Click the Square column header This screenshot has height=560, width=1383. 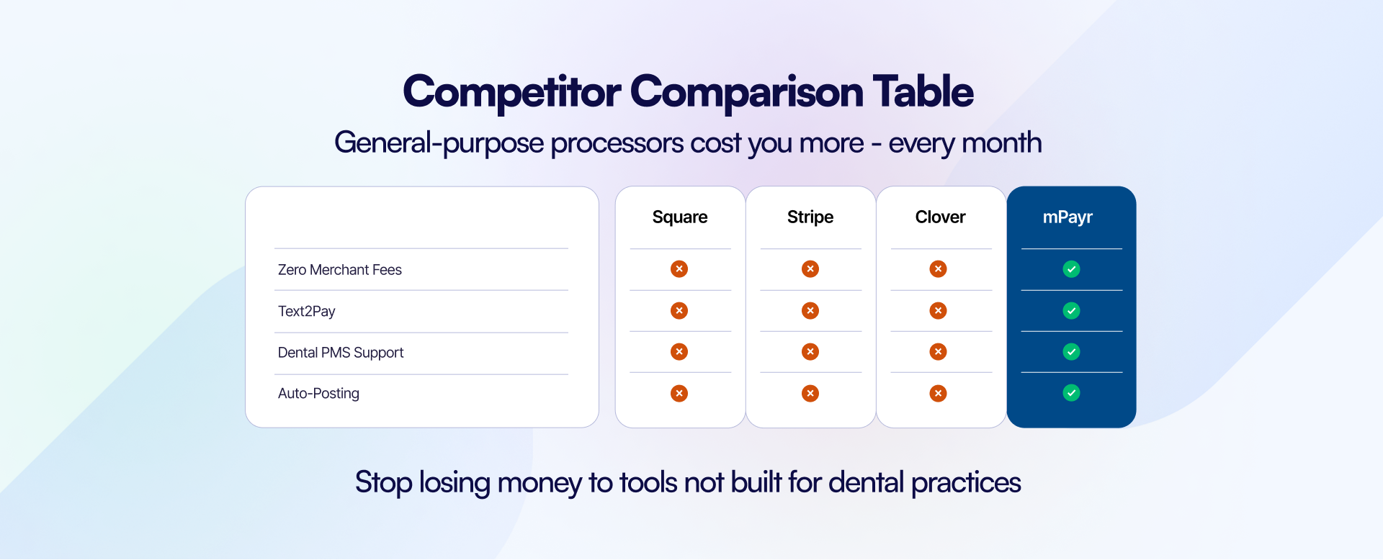pyautogui.click(x=680, y=217)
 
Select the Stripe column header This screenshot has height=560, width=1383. pyautogui.click(x=810, y=217)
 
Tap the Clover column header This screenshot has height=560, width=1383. pyautogui.click(x=941, y=217)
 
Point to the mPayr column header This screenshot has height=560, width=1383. pyautogui.click(x=1068, y=217)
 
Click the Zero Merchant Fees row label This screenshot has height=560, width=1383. pyautogui.click(x=340, y=270)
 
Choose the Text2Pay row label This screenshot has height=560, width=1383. pyautogui.click(x=307, y=312)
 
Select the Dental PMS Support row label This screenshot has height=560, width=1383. pyautogui.click(x=341, y=353)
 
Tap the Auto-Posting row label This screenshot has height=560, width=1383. pyautogui.click(x=318, y=394)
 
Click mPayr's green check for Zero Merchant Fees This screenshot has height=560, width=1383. pyautogui.click(x=1072, y=269)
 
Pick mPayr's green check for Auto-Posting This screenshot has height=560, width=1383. pyautogui.click(x=1072, y=393)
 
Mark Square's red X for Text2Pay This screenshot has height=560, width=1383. pyautogui.click(x=679, y=310)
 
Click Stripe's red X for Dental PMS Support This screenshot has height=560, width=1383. pyautogui.click(x=810, y=352)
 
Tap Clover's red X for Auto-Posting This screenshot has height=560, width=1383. pyautogui.click(x=938, y=393)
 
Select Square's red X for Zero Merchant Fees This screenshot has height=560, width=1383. pyautogui.click(x=679, y=269)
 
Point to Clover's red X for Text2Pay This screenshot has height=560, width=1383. pyautogui.click(x=938, y=310)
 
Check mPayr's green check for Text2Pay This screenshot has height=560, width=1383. pyautogui.click(x=1072, y=311)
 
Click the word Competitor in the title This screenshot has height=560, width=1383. pyautogui.click(x=512, y=93)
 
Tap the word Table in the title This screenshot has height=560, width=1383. pyautogui.click(x=923, y=91)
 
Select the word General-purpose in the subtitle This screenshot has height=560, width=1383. pyautogui.click(x=439, y=143)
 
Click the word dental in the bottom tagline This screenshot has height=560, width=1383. pyautogui.click(x=866, y=482)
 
